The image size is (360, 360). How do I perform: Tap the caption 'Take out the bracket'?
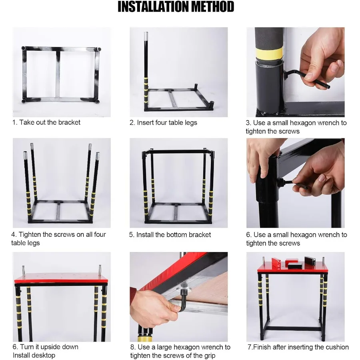click(50, 122)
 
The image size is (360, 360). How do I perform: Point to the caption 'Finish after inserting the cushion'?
click(300, 347)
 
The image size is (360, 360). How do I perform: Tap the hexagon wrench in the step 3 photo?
click(310, 78)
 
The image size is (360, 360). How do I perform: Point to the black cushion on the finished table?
click(294, 264)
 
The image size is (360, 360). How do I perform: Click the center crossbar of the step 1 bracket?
click(58, 74)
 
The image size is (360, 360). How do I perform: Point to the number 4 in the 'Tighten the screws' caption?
click(14, 234)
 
